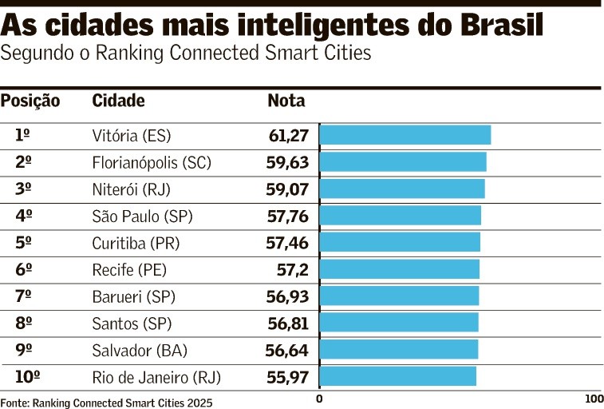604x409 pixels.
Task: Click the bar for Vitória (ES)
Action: [x=405, y=135]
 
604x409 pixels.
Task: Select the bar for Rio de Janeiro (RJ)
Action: [x=397, y=376]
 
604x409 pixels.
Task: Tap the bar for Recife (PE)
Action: [x=399, y=269]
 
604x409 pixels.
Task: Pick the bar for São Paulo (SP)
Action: [x=400, y=216]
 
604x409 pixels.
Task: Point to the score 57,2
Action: [x=292, y=269]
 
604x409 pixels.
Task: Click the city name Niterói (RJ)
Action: [x=132, y=189]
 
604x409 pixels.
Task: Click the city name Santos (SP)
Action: [x=132, y=324]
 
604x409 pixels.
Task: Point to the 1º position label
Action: [x=23, y=135]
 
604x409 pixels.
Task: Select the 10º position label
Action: [x=27, y=376]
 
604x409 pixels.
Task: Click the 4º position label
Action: [x=23, y=216]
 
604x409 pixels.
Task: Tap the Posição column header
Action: [x=30, y=101]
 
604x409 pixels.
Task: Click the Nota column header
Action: [x=286, y=101]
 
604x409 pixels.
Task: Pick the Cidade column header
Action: [x=118, y=101]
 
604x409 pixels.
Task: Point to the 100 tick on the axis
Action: [x=594, y=399]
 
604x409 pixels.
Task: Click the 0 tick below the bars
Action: [x=319, y=399]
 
